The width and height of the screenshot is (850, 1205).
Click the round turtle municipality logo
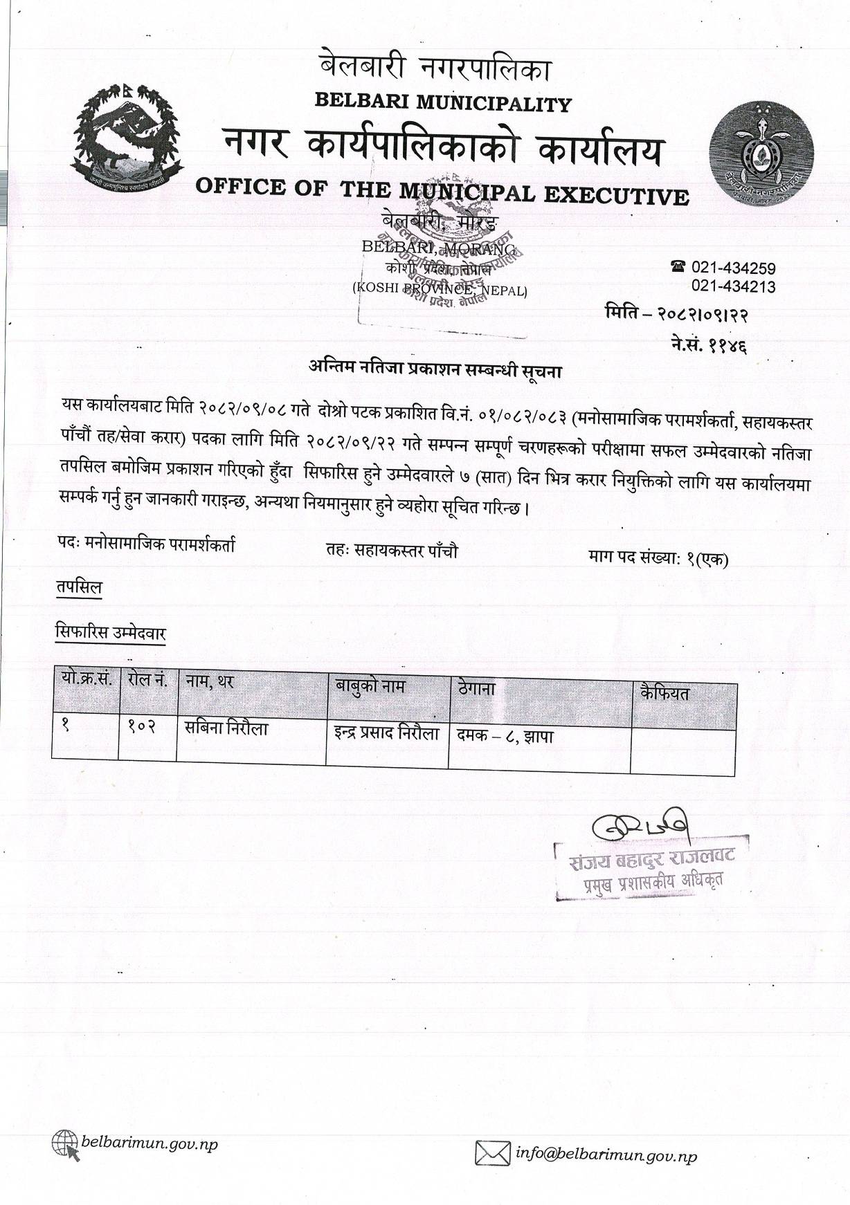(763, 149)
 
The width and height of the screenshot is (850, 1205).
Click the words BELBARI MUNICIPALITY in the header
(443, 103)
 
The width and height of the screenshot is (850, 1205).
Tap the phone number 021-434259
(733, 268)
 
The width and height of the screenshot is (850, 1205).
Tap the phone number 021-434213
(733, 286)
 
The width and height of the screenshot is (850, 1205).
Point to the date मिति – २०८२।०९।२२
(676, 315)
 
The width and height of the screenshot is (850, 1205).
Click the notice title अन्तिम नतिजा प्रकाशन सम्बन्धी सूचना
(435, 370)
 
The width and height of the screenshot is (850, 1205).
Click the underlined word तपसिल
(79, 588)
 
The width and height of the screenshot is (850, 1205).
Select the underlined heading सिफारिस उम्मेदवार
(111, 632)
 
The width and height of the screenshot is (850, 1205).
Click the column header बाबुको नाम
(370, 686)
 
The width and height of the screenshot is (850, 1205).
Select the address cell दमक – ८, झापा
(504, 737)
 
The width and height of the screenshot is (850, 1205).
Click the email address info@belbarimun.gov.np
(606, 1155)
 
